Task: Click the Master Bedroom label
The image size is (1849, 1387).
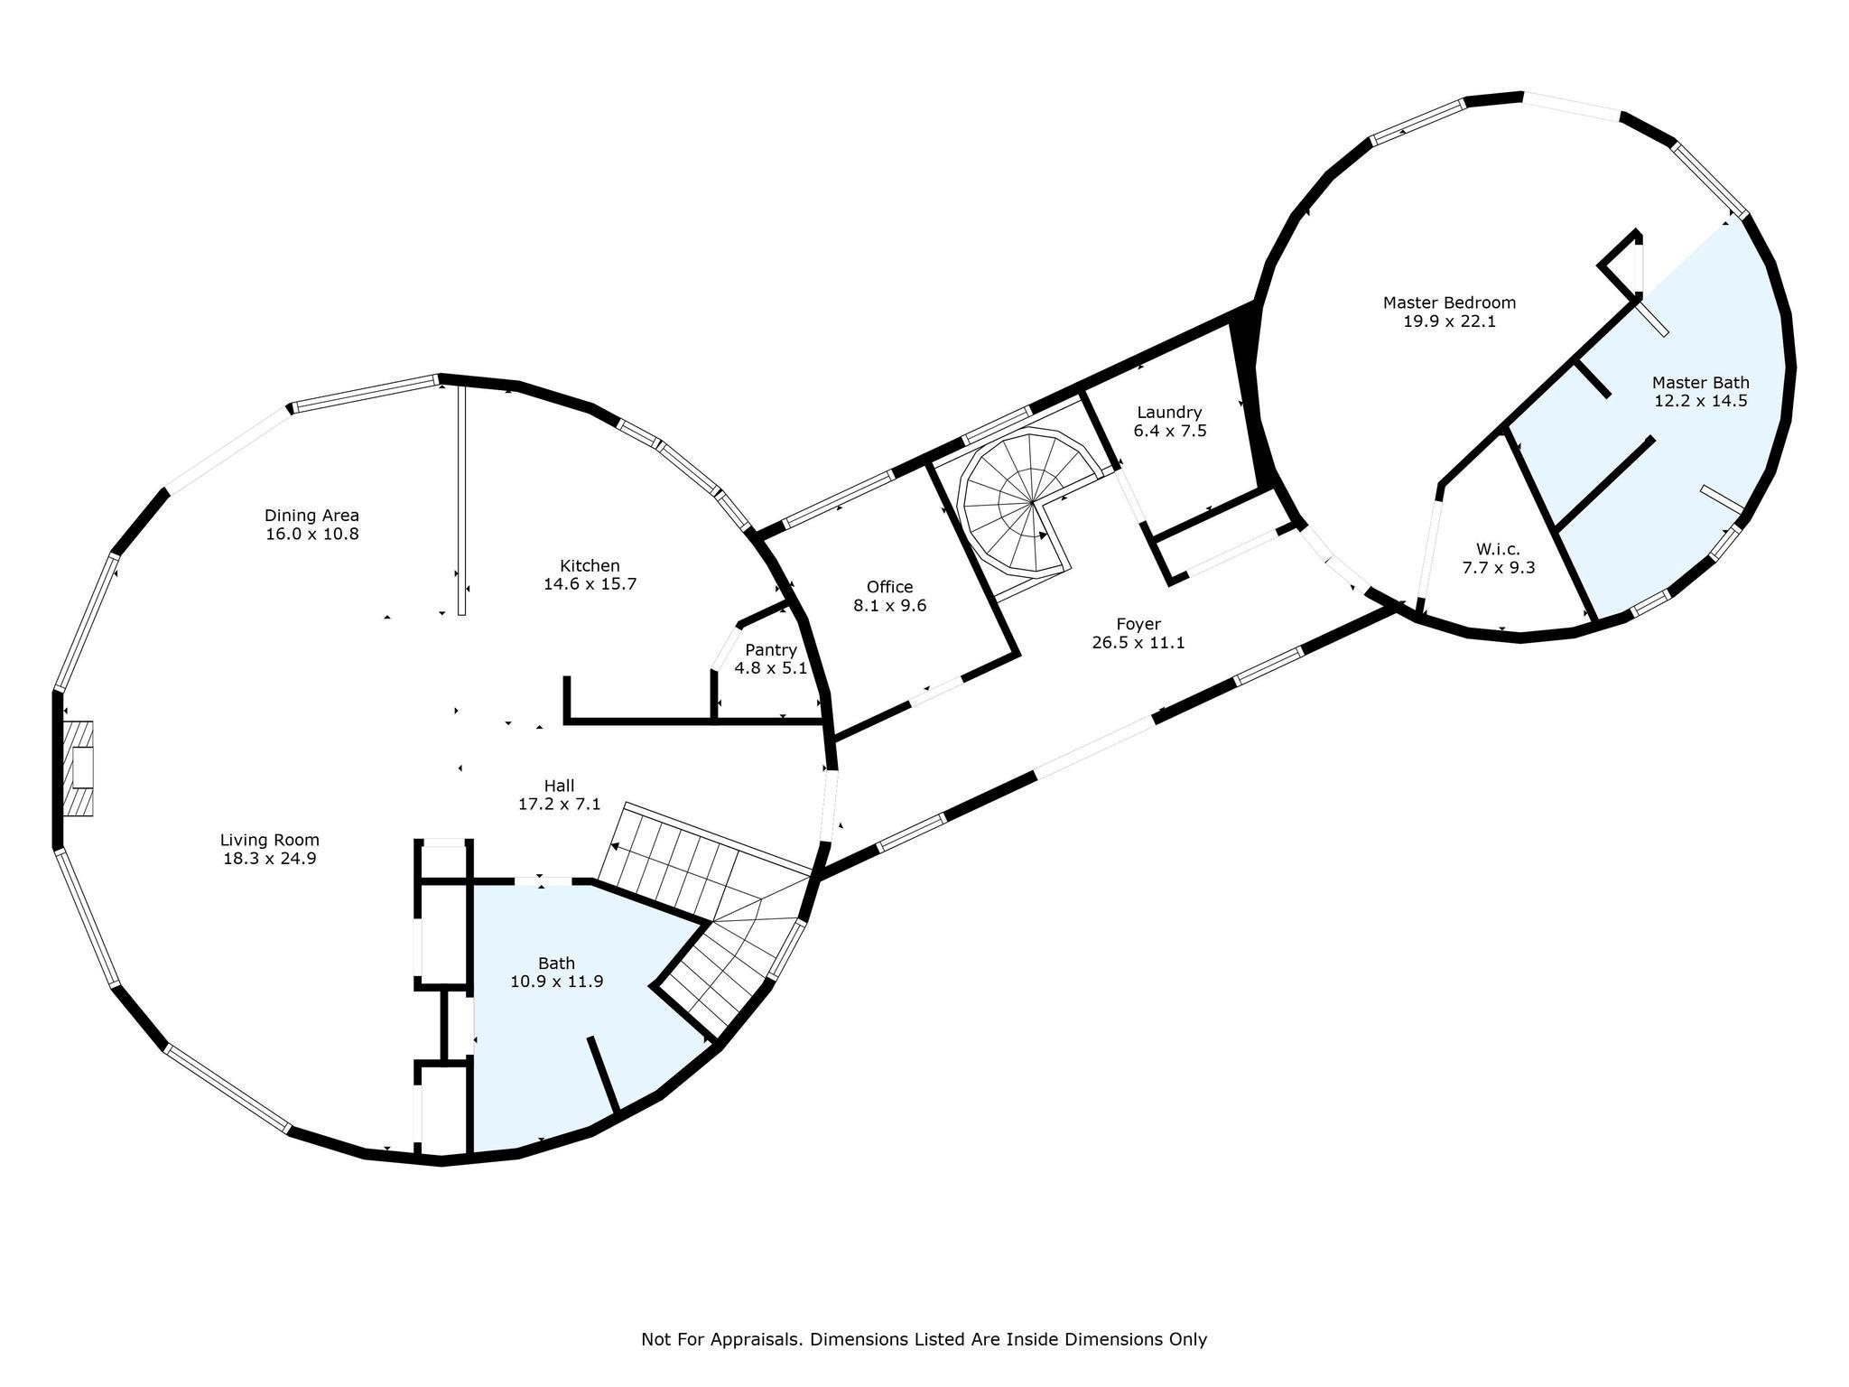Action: [1449, 303]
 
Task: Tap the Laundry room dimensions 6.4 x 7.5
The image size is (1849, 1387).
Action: [1169, 431]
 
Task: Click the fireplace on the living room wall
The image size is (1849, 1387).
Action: [79, 768]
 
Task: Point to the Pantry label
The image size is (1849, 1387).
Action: [770, 650]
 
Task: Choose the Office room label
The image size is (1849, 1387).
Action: [889, 587]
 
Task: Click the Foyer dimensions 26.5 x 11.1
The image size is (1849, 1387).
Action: [1138, 643]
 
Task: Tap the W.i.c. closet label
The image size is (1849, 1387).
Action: [1498, 549]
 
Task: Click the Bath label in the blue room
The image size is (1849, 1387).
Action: [556, 963]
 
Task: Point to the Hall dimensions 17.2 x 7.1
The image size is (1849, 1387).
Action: [559, 804]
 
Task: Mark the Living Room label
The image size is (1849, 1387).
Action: [269, 840]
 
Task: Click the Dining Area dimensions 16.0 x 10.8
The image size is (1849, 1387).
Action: [312, 534]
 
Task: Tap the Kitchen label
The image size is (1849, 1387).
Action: [590, 565]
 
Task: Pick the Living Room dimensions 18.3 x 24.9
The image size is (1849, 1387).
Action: [269, 858]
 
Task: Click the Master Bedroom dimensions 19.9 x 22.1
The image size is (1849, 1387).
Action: [1449, 321]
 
